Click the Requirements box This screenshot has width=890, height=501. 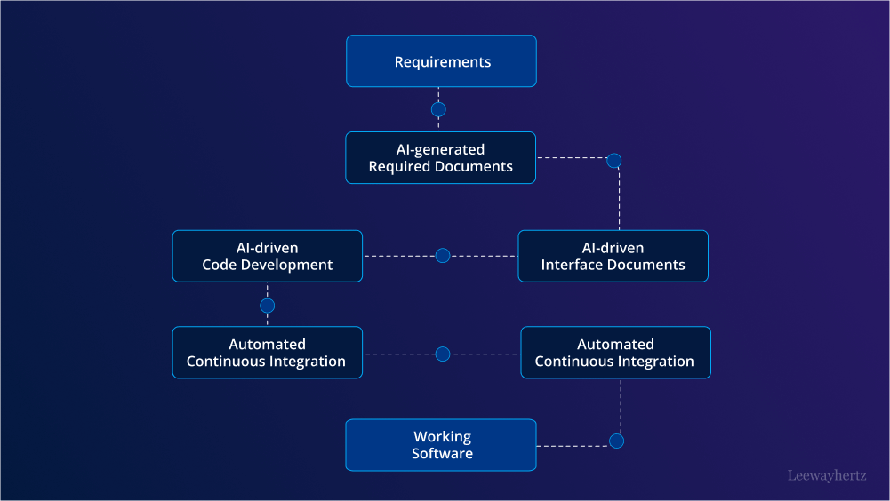pos(441,61)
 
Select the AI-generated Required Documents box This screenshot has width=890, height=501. pos(441,158)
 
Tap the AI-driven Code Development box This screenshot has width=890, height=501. pos(268,256)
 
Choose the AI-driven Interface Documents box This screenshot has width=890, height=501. pos(613,256)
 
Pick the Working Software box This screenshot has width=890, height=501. pos(441,445)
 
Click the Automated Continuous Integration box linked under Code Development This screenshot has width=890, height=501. pos(268,353)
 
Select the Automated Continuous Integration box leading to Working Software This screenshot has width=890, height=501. pos(615,353)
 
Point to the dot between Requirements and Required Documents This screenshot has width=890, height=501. pos(438,110)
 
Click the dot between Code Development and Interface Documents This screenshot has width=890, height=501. pos(443,256)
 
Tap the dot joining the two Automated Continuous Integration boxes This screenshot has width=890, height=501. pos(443,354)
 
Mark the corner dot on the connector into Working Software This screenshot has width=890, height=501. pos(616,441)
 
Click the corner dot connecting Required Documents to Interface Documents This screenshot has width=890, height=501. pos(613,161)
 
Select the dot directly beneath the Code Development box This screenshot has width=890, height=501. pos(268,306)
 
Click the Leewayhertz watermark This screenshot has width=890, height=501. pos(827,475)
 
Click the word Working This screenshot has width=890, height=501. pos(442,436)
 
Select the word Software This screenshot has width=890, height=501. pos(442,454)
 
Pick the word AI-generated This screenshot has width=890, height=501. pos(440,149)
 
